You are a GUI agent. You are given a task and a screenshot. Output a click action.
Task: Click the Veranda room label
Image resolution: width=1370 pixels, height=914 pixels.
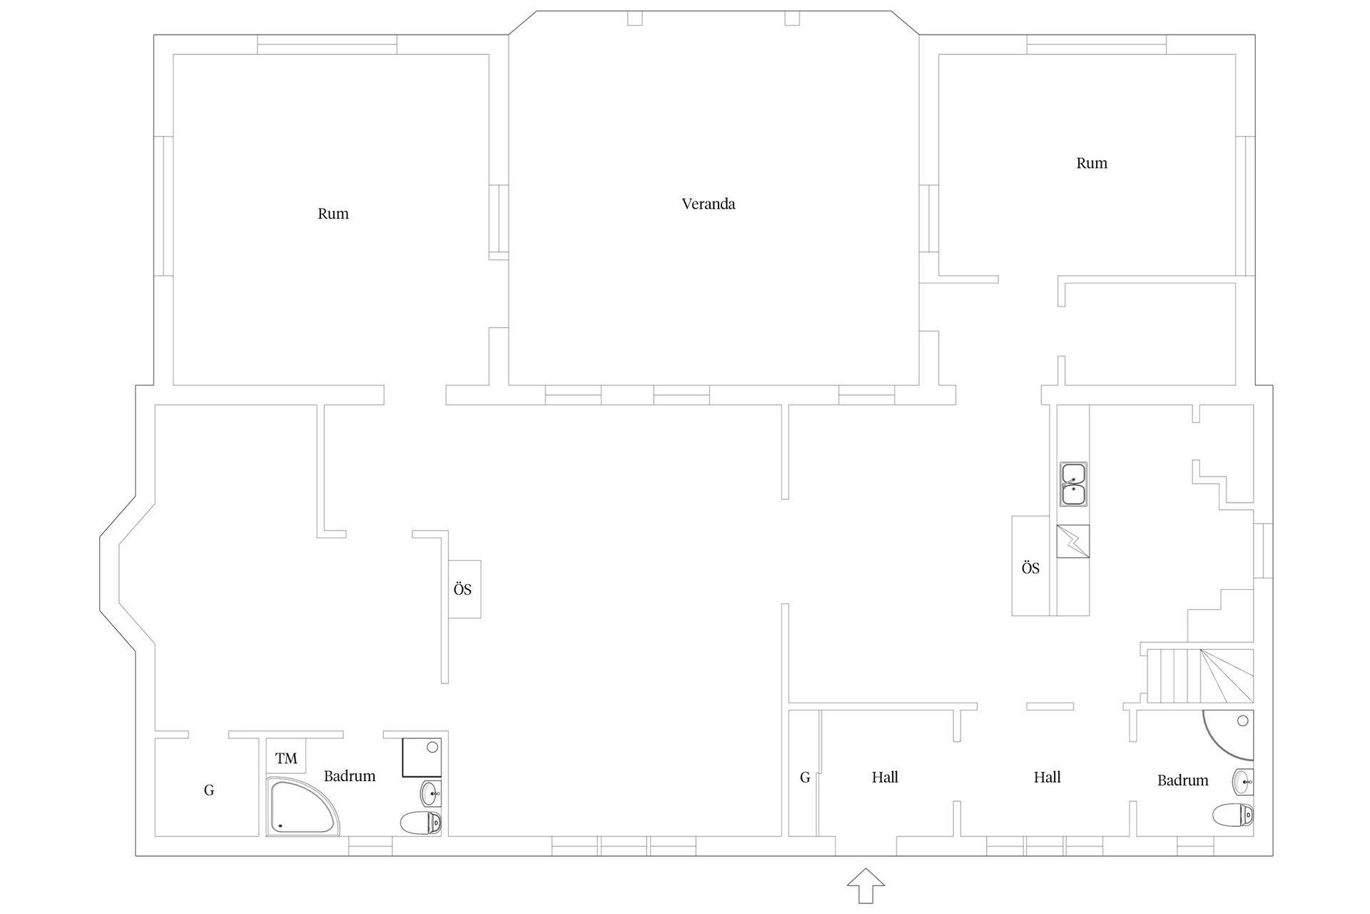click(x=708, y=204)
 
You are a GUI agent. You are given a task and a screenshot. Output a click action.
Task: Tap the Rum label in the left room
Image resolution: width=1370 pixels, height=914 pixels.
click(x=333, y=214)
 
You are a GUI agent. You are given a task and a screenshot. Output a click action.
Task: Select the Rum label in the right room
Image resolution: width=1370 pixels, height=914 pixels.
click(x=1092, y=163)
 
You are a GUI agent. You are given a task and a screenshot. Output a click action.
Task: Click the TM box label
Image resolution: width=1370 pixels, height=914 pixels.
click(x=286, y=758)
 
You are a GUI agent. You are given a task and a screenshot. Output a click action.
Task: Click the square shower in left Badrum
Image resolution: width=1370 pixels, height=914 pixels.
click(x=422, y=757)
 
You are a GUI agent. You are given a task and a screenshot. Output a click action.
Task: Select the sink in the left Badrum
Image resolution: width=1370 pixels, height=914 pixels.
click(x=431, y=793)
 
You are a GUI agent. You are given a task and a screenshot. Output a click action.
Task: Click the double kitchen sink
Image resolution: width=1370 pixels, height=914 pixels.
click(x=1073, y=484)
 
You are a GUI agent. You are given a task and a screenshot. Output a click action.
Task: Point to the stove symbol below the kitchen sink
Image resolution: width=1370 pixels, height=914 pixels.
click(x=1073, y=541)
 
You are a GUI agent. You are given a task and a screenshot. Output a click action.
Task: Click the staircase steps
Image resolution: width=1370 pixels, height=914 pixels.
click(x=1199, y=676)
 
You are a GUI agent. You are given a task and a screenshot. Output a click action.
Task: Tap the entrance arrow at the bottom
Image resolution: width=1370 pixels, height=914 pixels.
click(x=866, y=886)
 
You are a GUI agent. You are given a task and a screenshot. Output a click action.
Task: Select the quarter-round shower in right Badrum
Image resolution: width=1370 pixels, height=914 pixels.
click(x=1228, y=735)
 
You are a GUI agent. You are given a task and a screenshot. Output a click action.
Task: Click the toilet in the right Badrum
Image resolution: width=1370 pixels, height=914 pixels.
click(x=1233, y=815)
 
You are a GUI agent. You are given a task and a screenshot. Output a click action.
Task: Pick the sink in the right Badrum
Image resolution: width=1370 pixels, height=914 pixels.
click(x=1243, y=783)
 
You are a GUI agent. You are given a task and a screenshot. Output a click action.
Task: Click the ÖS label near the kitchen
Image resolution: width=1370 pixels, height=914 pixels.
click(x=1030, y=568)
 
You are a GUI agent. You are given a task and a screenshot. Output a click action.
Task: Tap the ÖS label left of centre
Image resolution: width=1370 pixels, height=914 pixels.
click(x=462, y=590)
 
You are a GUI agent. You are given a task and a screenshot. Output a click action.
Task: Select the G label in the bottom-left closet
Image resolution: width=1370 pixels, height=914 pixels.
click(x=209, y=790)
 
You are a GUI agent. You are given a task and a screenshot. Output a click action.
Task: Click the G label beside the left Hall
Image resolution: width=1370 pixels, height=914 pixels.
click(x=805, y=778)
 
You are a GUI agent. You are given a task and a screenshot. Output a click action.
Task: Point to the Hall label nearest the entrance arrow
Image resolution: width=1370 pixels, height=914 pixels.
click(x=885, y=777)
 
